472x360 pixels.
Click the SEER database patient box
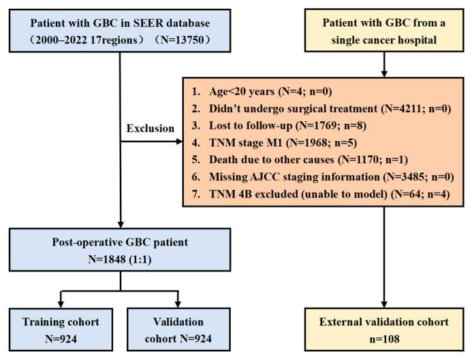click(x=121, y=28)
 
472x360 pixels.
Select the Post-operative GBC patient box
click(x=121, y=248)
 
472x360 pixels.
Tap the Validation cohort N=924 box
click(x=179, y=329)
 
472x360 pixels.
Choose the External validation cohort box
click(x=385, y=329)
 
